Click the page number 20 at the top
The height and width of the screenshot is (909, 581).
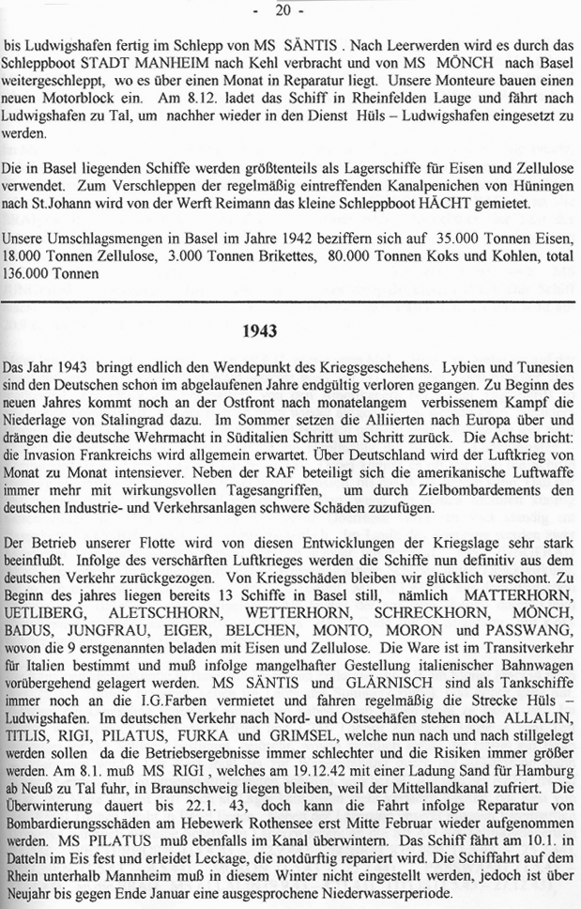[291, 10]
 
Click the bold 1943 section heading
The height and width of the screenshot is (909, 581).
[290, 331]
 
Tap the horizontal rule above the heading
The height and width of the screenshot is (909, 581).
[290, 300]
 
